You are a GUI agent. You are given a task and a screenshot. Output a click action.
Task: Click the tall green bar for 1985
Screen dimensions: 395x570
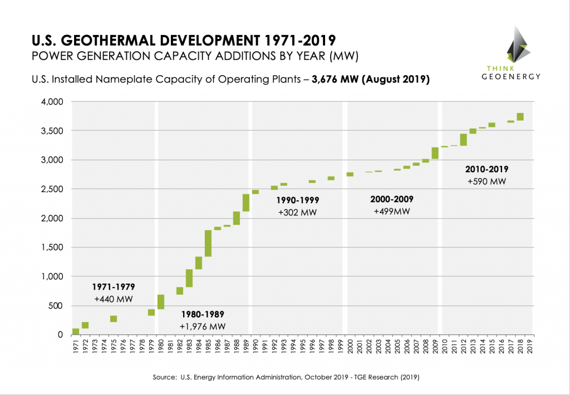208,243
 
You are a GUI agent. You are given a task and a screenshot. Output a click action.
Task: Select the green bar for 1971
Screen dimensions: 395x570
76,331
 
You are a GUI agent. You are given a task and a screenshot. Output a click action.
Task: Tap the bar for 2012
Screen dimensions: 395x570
463,140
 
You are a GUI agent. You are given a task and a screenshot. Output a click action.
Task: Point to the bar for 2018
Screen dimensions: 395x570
520,117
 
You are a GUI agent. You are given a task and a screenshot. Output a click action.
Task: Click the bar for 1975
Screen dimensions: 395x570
114,319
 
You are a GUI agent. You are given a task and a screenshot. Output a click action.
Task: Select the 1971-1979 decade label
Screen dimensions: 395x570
113,287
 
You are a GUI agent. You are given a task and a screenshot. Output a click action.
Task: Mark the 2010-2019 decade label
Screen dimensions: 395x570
486,169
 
